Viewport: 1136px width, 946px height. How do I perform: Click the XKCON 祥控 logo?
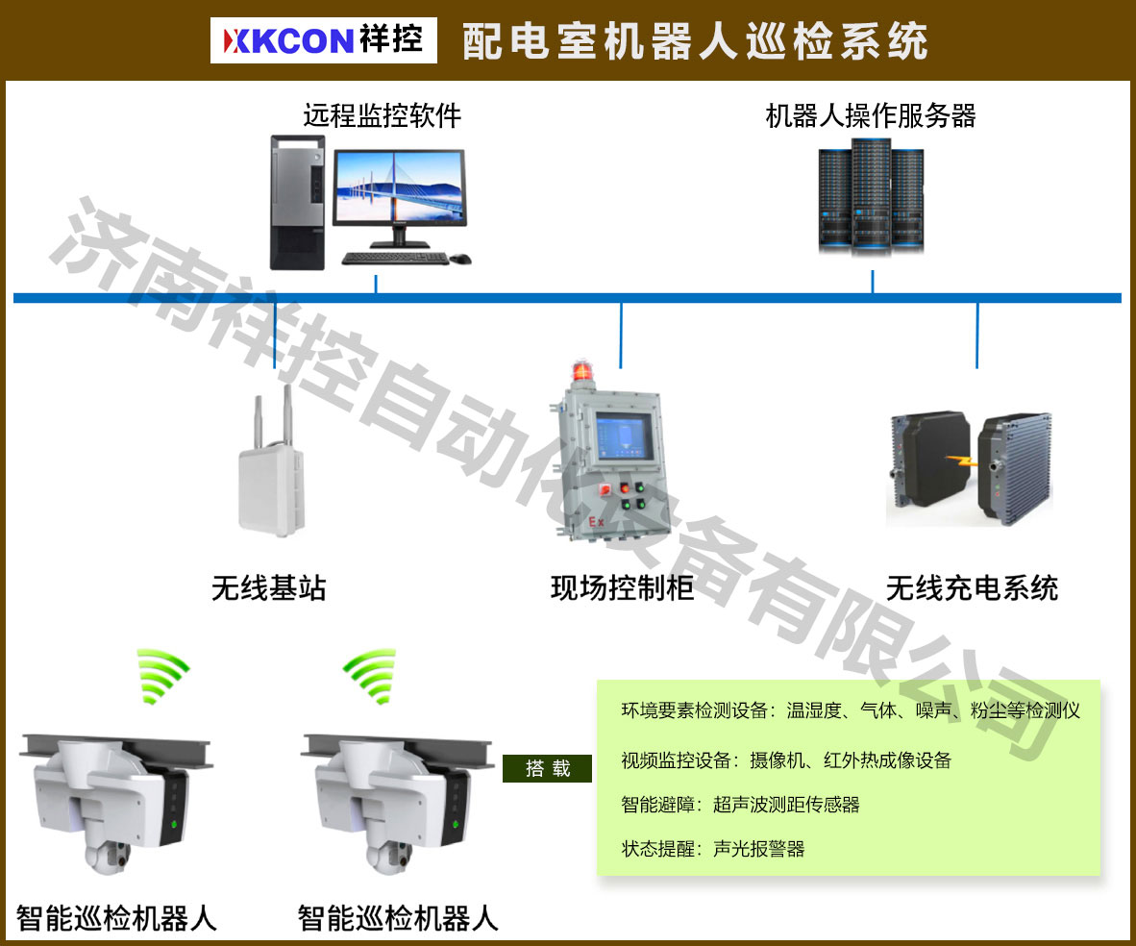pyautogui.click(x=323, y=41)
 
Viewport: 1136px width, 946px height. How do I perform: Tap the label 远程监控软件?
pyautogui.click(x=383, y=116)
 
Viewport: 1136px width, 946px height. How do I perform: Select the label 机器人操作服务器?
pyautogui.click(x=871, y=116)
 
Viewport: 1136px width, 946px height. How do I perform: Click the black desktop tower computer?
pyautogui.click(x=297, y=201)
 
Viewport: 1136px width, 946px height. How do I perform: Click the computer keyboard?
pyautogui.click(x=395, y=258)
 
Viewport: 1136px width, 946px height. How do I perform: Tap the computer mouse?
pyautogui.click(x=461, y=259)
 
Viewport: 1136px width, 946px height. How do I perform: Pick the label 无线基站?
pyautogui.click(x=269, y=587)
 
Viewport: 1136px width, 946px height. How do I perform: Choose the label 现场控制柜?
pyautogui.click(x=622, y=587)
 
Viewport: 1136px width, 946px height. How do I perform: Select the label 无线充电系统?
pyautogui.click(x=972, y=587)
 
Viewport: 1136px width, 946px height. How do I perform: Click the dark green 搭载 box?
pyautogui.click(x=547, y=768)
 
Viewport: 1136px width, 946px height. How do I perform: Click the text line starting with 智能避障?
pyautogui.click(x=740, y=805)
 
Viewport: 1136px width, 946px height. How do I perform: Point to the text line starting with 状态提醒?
pyautogui.click(x=712, y=849)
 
